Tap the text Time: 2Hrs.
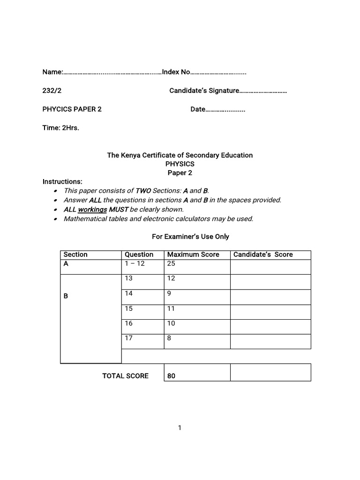tap(60, 128)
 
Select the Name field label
tap(52, 72)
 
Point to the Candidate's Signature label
tap(204, 90)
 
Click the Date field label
tap(198, 109)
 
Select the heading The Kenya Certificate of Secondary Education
tap(180, 155)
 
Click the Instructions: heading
tap(62, 181)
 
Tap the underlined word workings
tap(92, 210)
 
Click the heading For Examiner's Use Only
tap(190, 237)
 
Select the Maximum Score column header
tap(193, 255)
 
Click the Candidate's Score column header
tap(263, 255)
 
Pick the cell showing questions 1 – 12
tap(132, 263)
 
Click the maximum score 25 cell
tap(171, 263)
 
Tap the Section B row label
tap(66, 296)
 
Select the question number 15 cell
tap(128, 308)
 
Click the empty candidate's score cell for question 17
tap(270, 341)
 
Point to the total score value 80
tap(171, 376)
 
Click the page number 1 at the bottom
tap(180, 427)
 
